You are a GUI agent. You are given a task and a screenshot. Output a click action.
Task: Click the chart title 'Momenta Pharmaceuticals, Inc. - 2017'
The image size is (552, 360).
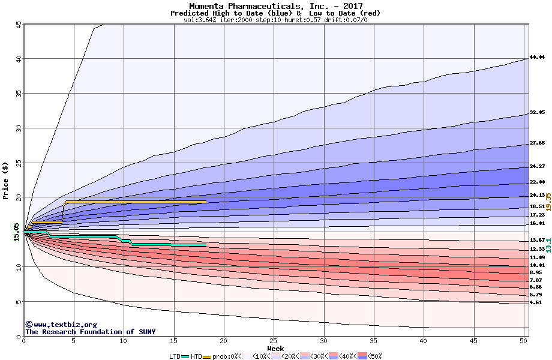click(x=275, y=5)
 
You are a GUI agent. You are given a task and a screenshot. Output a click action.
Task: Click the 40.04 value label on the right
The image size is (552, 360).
click(x=537, y=58)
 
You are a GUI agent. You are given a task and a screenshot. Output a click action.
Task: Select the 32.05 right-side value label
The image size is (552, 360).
click(x=537, y=112)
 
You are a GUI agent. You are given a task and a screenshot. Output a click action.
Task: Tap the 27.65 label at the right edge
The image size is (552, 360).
click(x=537, y=143)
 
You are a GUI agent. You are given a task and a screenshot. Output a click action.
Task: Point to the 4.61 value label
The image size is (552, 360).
click(x=536, y=302)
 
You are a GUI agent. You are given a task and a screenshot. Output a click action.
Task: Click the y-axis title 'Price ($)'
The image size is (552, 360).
click(x=5, y=180)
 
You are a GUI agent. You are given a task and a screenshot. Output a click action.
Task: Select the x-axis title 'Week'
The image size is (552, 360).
click(x=275, y=349)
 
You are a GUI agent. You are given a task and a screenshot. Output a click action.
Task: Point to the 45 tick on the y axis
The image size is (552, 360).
click(x=19, y=25)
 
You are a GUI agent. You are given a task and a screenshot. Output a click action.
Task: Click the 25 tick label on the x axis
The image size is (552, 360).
click(x=274, y=341)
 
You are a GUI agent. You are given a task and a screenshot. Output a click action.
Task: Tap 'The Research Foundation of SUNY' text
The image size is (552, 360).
click(x=88, y=332)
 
